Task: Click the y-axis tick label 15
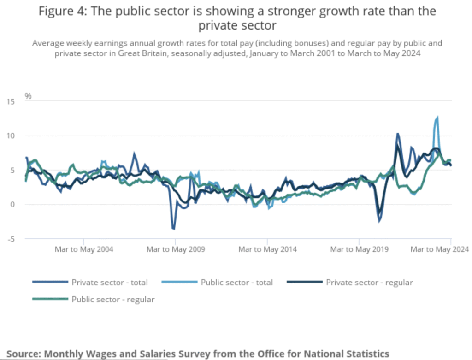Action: click(x=10, y=101)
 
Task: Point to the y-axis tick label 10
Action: click(x=10, y=136)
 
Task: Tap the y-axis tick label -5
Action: click(x=10, y=239)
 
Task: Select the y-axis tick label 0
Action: click(x=12, y=204)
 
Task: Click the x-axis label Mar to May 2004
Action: click(x=84, y=249)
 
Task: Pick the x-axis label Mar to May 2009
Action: click(x=176, y=249)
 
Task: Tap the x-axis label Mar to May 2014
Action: click(x=267, y=249)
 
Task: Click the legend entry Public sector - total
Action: click(x=237, y=282)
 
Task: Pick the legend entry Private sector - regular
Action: click(x=369, y=282)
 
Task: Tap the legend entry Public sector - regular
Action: click(x=113, y=299)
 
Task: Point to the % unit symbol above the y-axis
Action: click(x=28, y=96)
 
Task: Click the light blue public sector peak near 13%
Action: click(x=437, y=118)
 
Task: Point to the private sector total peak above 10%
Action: click(x=397, y=134)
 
